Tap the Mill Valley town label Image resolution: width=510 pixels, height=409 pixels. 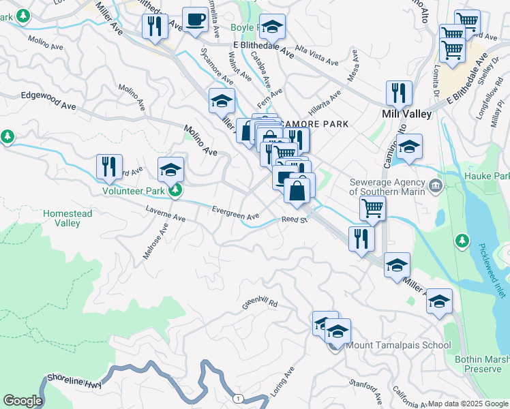(x=408, y=114)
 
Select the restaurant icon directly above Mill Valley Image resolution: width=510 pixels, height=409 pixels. (x=399, y=93)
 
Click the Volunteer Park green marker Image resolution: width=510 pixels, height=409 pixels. (x=175, y=190)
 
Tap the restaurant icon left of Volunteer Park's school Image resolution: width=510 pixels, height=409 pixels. (x=109, y=166)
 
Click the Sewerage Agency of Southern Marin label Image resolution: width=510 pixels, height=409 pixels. (x=387, y=186)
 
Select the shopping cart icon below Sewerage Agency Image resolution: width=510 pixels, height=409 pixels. (x=372, y=209)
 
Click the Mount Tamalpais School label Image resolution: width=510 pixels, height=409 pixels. (x=399, y=345)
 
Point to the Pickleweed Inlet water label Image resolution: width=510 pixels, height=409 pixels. (x=491, y=270)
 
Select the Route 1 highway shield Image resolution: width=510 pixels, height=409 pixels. (x=237, y=398)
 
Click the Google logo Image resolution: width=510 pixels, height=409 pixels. (x=22, y=401)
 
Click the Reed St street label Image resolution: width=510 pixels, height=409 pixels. (x=295, y=219)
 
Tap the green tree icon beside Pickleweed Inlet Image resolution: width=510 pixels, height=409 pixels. (x=462, y=241)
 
